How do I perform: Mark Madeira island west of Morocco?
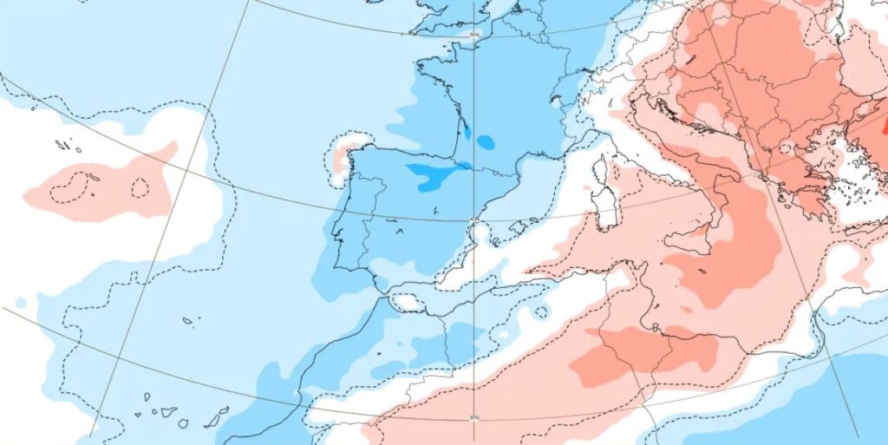tap(187, 321)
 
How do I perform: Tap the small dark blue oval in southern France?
tap(486, 141)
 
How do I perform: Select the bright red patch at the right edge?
tap(884, 126)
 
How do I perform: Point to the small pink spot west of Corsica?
tap(588, 187)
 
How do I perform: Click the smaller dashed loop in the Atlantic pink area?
tap(139, 187)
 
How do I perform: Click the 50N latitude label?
tap(473, 35)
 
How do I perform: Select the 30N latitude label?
tap(473, 418)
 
